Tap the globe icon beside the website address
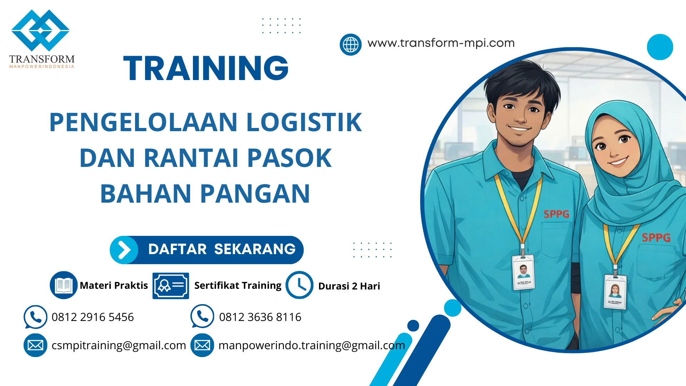[351, 45]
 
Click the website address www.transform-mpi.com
[441, 43]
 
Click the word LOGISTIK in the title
[304, 122]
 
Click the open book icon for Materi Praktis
[64, 285]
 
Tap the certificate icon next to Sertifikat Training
[170, 286]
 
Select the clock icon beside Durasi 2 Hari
[299, 285]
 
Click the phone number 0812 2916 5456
[93, 317]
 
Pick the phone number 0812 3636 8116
[260, 317]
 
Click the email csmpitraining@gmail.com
[119, 345]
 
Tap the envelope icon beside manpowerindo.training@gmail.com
[202, 345]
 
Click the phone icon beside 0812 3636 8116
[202, 316]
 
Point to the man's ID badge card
[523, 272]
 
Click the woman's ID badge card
[615, 292]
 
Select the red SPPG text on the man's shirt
[556, 214]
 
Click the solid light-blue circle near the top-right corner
[660, 47]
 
